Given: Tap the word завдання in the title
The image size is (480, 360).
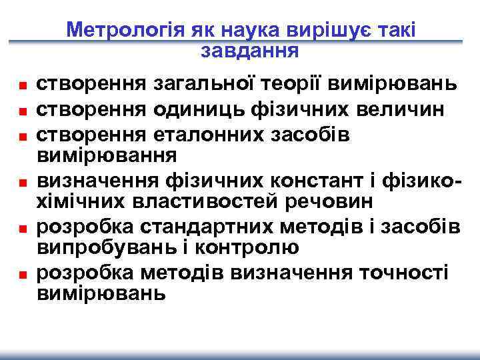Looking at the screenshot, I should (249, 50).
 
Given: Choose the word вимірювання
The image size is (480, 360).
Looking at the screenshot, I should (106, 155).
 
